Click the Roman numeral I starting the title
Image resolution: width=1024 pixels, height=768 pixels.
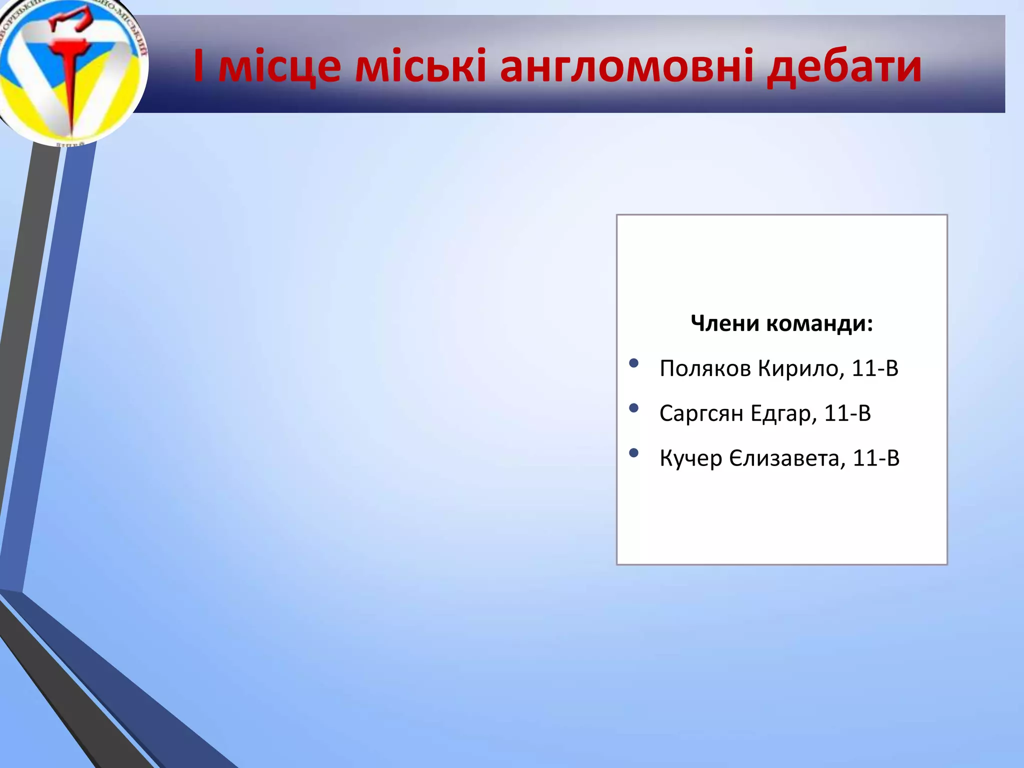(198, 66)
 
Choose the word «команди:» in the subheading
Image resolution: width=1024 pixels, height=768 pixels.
(819, 323)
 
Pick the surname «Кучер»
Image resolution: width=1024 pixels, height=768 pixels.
(690, 458)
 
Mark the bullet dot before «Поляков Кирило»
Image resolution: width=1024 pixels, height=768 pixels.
(634, 363)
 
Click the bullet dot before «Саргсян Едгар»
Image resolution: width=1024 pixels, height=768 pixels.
(634, 408)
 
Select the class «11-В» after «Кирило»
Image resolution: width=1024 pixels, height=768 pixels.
(875, 368)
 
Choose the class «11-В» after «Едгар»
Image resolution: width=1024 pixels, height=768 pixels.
(847, 413)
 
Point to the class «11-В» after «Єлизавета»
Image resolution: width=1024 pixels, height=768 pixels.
(876, 458)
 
